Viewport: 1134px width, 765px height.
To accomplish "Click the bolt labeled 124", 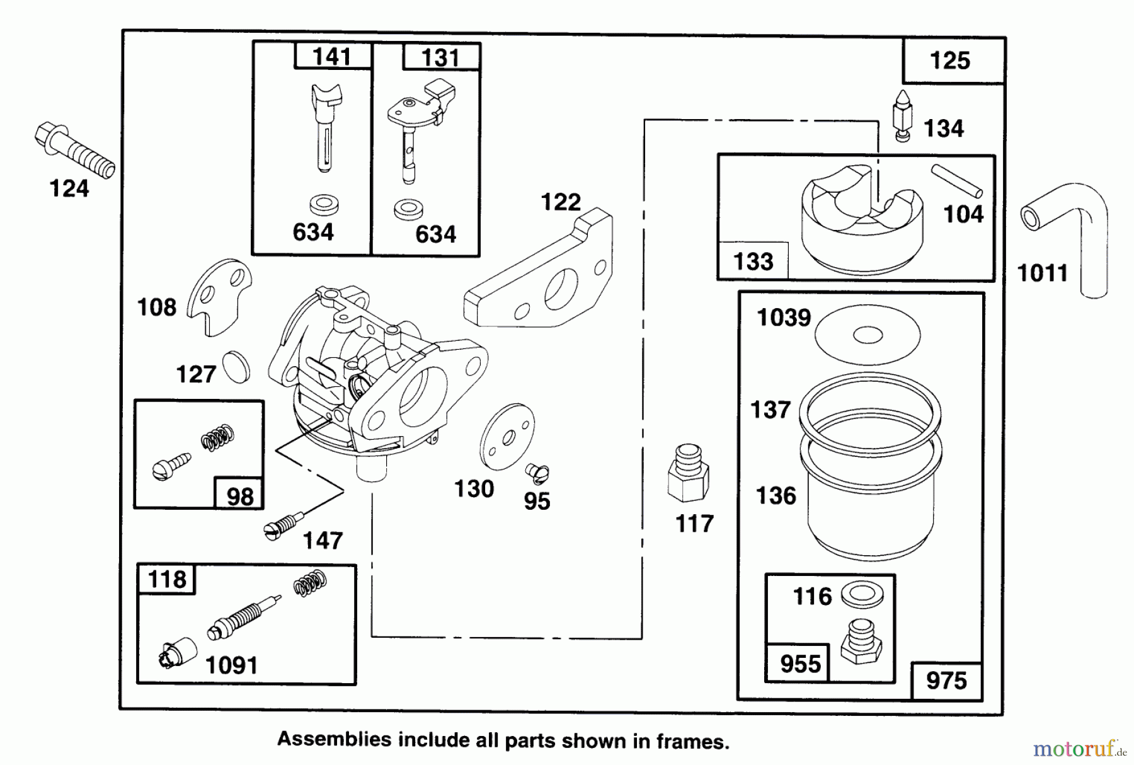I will pyautogui.click(x=74, y=151).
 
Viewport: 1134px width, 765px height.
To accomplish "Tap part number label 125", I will pyautogui.click(x=950, y=61).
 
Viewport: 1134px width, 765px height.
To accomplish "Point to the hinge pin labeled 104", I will pyautogui.click(x=956, y=180).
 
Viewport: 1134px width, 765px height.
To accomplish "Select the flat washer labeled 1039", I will pyautogui.click(x=867, y=335).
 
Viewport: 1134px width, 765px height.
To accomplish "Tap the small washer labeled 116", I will pyautogui.click(x=862, y=594).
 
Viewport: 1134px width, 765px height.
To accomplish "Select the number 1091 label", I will pyautogui.click(x=232, y=665).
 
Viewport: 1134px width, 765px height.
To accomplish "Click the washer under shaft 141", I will pyautogui.click(x=324, y=204).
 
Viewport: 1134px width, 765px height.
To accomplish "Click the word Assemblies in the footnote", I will pyautogui.click(x=334, y=739).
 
